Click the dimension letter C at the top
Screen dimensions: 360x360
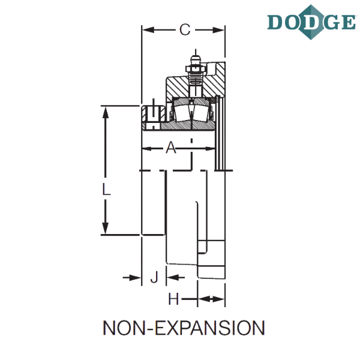click(185, 29)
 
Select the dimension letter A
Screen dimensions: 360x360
click(171, 148)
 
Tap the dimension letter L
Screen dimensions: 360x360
click(106, 189)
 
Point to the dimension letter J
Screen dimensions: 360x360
click(155, 277)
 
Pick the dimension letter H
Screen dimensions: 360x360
click(173, 299)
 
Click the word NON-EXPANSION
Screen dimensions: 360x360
click(184, 328)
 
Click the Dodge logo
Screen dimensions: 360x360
click(311, 22)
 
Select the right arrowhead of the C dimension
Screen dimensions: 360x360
click(218, 30)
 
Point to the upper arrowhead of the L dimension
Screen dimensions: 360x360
click(106, 113)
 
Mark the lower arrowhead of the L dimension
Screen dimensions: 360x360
click(106, 229)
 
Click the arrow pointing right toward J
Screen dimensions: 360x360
click(132, 278)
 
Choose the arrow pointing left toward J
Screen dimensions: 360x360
click(175, 277)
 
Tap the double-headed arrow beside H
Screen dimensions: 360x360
click(211, 299)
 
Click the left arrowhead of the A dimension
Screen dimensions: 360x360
click(147, 149)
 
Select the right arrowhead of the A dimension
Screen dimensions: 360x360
click(209, 149)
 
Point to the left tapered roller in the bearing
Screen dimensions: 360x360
click(182, 113)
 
